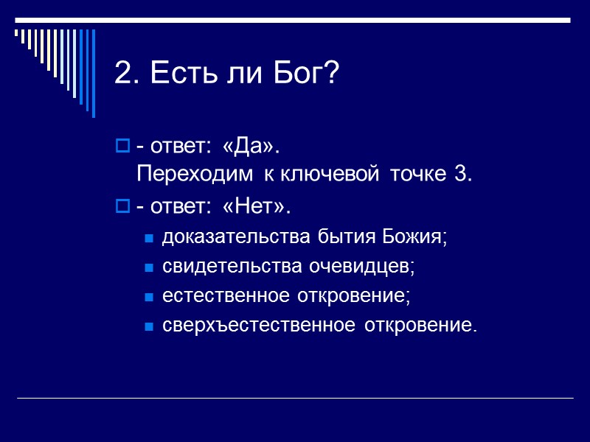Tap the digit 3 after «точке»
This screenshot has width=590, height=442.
click(464, 175)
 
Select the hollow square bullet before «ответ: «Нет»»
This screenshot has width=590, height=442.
click(122, 207)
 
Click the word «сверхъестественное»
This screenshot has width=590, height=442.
click(258, 326)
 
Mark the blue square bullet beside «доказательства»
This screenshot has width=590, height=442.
click(148, 238)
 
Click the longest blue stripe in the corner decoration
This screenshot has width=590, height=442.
click(93, 74)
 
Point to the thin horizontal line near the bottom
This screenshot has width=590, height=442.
click(295, 399)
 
